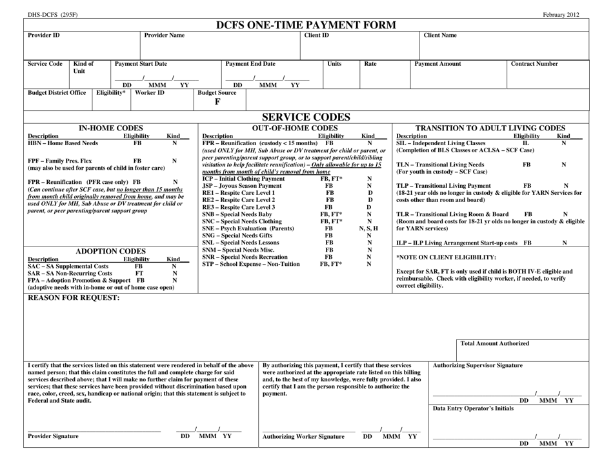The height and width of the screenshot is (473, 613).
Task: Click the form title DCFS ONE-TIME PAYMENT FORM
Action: tap(306, 24)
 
